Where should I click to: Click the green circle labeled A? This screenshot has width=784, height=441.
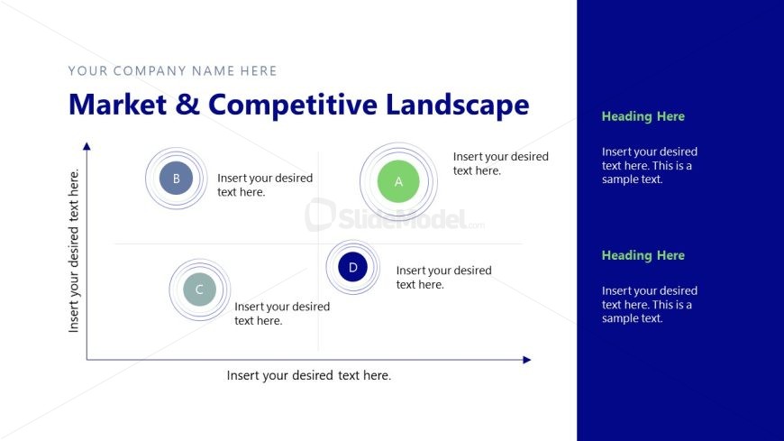click(x=398, y=181)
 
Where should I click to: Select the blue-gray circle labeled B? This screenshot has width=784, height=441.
click(x=176, y=179)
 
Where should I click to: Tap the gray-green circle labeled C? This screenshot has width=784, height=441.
click(x=199, y=289)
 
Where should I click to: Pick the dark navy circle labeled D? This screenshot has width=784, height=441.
click(x=352, y=267)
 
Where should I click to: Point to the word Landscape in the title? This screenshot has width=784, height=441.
click(x=458, y=105)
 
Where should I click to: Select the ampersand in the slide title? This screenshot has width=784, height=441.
click(x=187, y=105)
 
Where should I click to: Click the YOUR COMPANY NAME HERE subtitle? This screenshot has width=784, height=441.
click(x=172, y=70)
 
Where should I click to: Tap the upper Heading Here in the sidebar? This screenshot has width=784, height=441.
click(x=643, y=116)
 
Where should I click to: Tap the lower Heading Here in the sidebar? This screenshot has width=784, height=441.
click(x=643, y=255)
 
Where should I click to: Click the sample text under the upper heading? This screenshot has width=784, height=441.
click(x=649, y=165)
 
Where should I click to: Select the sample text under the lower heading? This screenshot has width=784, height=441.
click(x=649, y=304)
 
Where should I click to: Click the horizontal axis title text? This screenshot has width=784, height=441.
click(x=308, y=375)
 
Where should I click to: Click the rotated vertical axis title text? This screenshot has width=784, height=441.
click(x=75, y=251)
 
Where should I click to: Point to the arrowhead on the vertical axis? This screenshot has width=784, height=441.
click(x=87, y=145)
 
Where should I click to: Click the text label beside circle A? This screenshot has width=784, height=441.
click(x=500, y=163)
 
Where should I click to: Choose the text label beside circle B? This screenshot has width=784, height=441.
click(x=264, y=185)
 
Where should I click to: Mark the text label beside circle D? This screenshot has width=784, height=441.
click(x=443, y=277)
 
